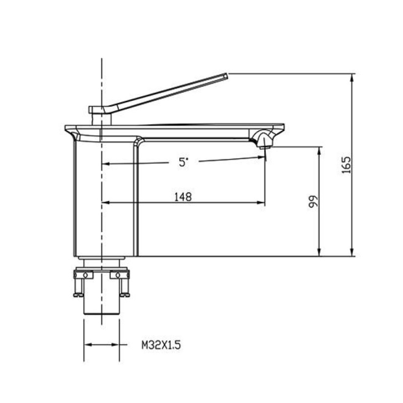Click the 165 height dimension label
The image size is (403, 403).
tap(347, 165)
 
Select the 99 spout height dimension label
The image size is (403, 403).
tap(313, 201)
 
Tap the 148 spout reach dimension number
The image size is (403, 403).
tap(183, 197)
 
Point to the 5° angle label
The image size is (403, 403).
tap(183, 162)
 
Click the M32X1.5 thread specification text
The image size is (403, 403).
tap(161, 345)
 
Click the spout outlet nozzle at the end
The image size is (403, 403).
tap(264, 147)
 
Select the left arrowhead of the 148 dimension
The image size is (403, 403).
tap(106, 203)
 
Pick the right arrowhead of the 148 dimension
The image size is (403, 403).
tap(260, 203)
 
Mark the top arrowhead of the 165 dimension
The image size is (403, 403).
tap(352, 78)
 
